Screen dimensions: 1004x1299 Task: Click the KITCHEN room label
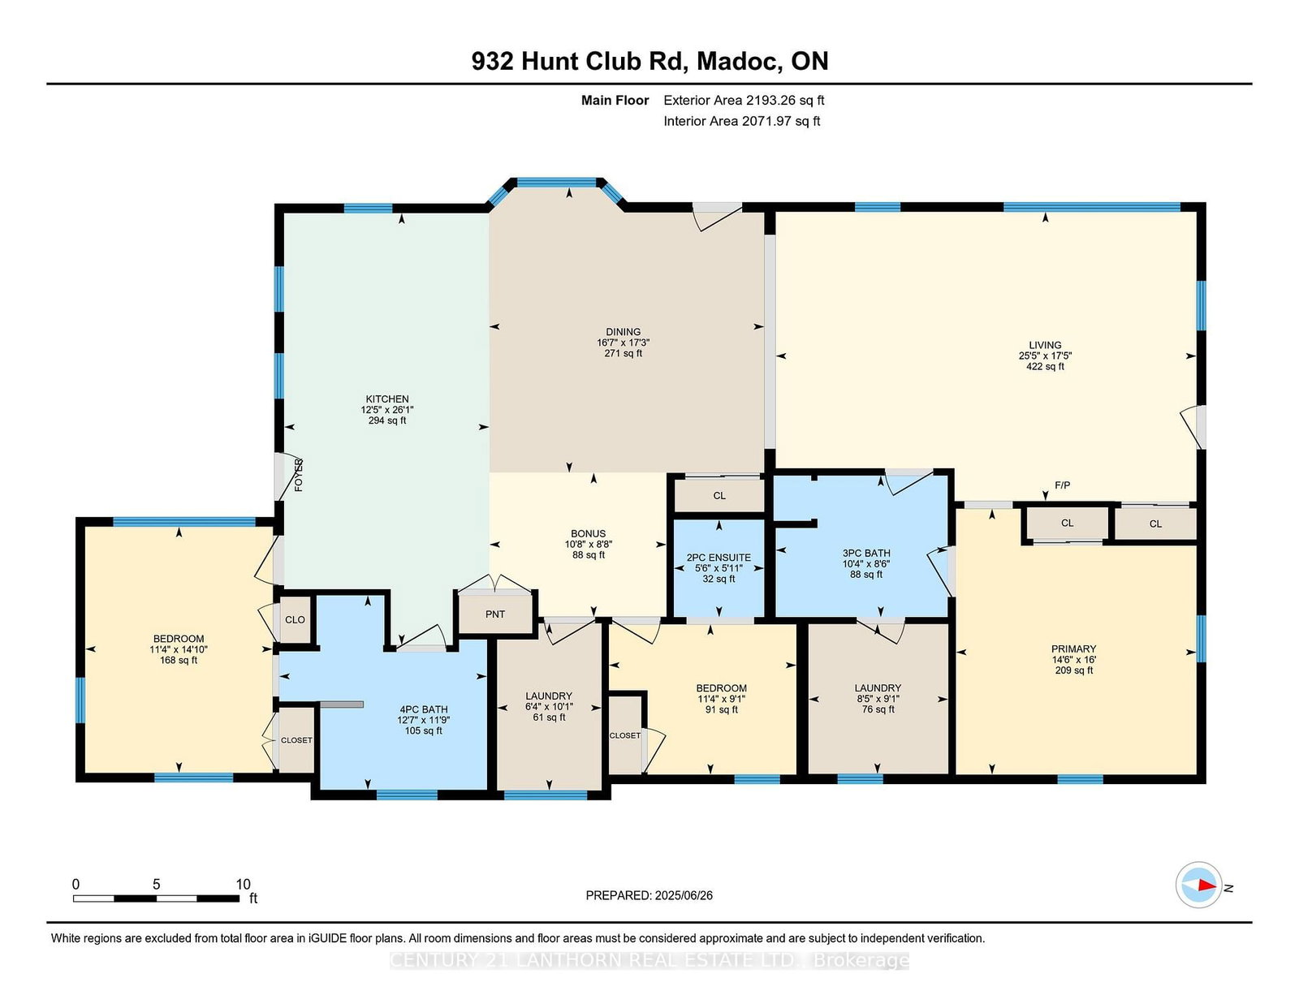click(x=387, y=399)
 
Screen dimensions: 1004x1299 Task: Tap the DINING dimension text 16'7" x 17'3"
click(x=623, y=343)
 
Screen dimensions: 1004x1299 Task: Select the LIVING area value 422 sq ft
click(x=1045, y=367)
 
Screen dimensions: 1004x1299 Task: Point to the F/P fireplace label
click(x=1062, y=485)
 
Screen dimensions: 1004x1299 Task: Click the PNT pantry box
click(x=495, y=614)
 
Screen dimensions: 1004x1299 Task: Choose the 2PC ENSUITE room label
click(x=719, y=558)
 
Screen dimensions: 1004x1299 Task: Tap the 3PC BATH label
click(x=866, y=554)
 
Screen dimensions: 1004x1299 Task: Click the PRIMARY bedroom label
click(x=1073, y=649)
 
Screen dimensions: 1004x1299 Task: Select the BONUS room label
click(x=588, y=534)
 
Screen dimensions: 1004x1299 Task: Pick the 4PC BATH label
click(x=423, y=709)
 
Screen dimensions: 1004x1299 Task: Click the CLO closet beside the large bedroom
click(x=295, y=619)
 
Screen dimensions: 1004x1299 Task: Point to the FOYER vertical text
click(x=299, y=476)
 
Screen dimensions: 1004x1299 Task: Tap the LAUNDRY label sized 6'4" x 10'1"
click(x=549, y=696)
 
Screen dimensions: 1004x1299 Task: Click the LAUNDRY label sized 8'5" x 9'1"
click(x=878, y=687)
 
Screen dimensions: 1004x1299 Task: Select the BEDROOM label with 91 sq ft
click(x=721, y=688)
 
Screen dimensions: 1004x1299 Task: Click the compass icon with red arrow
click(x=1199, y=886)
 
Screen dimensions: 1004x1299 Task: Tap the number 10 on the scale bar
click(x=243, y=885)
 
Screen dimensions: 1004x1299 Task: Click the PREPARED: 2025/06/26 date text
click(x=649, y=895)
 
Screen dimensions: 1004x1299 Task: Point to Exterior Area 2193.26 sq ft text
click(x=744, y=101)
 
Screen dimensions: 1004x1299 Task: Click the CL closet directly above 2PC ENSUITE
click(x=719, y=496)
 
